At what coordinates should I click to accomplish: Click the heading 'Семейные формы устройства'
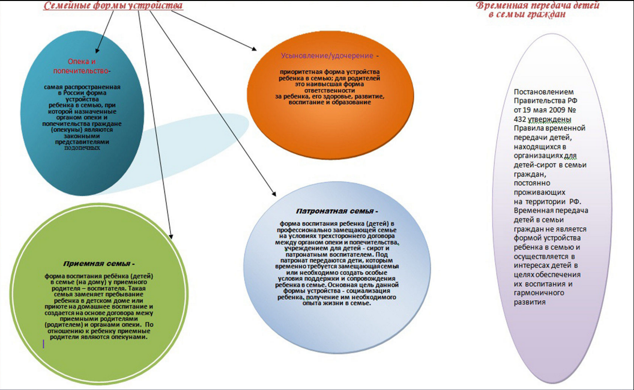click(x=114, y=6)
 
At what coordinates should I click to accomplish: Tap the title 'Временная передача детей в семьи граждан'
click(x=537, y=10)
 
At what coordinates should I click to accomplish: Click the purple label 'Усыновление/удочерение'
click(x=327, y=56)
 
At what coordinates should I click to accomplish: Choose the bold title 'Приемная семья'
click(x=98, y=264)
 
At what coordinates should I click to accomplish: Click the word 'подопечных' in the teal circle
click(x=82, y=147)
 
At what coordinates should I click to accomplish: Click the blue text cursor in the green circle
click(x=44, y=344)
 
